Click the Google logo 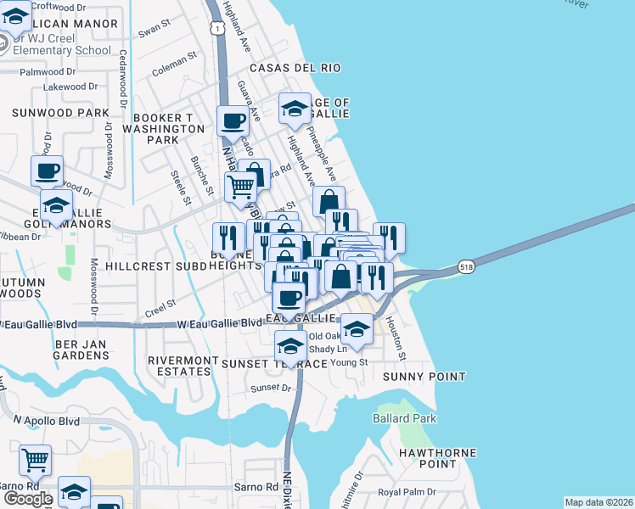coord(27,499)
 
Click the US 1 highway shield coord(219,29)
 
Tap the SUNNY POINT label coord(424,376)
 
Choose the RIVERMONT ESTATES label coord(183,368)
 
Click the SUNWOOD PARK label coord(60,112)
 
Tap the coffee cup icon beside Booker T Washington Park coord(233,120)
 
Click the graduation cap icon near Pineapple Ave coord(295,108)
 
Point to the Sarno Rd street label coord(256,488)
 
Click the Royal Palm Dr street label coord(407,492)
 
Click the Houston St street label coord(402,338)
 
